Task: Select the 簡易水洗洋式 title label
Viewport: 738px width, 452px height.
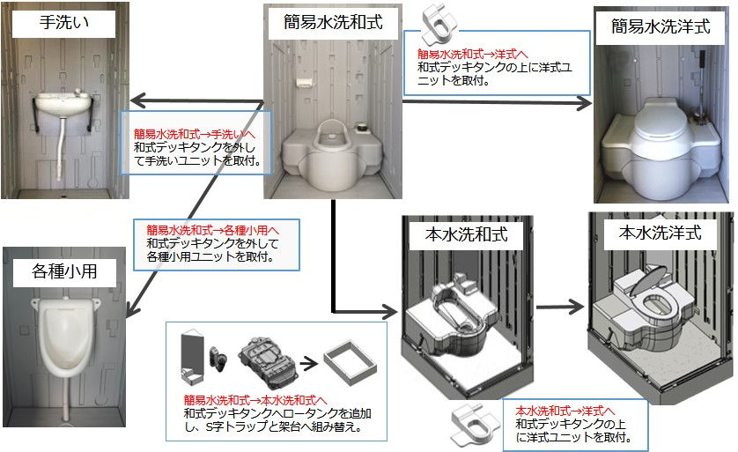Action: point(661,26)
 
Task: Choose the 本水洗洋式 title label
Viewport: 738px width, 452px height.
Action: point(660,233)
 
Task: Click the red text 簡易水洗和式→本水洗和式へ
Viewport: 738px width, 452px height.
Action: point(255,400)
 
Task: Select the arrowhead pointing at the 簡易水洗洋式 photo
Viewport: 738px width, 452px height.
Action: point(581,104)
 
